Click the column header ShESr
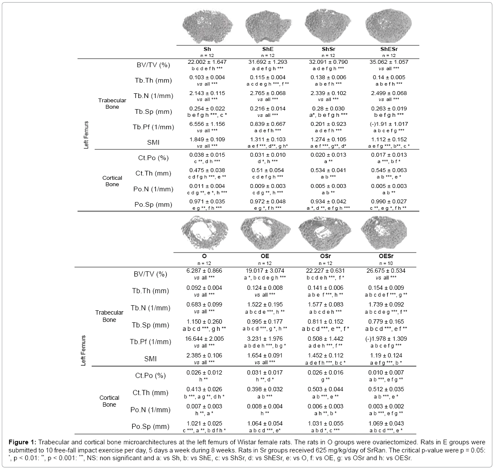tap(389, 49)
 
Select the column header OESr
tap(388, 256)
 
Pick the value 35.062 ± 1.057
tap(389, 62)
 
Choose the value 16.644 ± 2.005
tap(205, 339)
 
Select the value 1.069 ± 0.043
tap(388, 423)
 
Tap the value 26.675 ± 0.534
tap(388, 271)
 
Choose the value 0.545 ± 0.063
tap(389, 170)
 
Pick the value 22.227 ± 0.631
tap(326, 271)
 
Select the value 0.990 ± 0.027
tap(389, 201)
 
